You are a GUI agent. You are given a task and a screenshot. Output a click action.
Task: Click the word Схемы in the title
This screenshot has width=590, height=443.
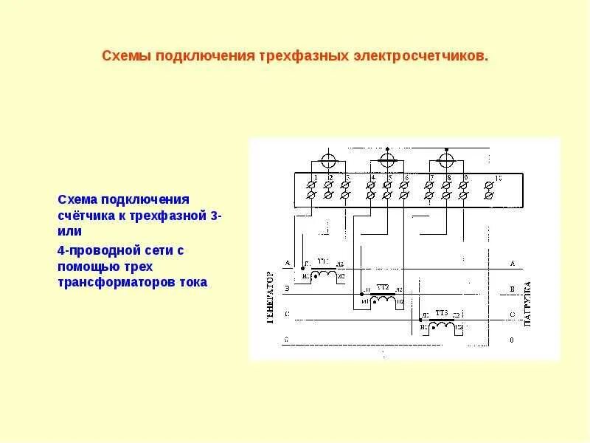click(125, 56)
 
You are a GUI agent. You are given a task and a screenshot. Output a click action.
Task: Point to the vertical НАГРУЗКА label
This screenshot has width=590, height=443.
click(527, 303)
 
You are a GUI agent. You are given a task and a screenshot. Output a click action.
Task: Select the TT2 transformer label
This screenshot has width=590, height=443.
click(383, 286)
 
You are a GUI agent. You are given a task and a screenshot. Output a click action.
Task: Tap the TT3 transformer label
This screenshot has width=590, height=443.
click(442, 313)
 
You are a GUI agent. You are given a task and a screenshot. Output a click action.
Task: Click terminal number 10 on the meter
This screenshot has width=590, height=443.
click(498, 178)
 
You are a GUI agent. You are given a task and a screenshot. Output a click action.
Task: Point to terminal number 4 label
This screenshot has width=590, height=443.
click(373, 179)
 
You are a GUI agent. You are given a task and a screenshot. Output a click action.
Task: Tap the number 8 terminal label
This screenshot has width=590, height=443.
click(448, 179)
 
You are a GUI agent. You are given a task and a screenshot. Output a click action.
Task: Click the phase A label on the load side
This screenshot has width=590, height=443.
click(511, 263)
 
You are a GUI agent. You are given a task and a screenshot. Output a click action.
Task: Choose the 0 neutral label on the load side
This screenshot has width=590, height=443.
click(511, 341)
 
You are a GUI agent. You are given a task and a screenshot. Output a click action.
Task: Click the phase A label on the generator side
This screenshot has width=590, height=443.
click(286, 263)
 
